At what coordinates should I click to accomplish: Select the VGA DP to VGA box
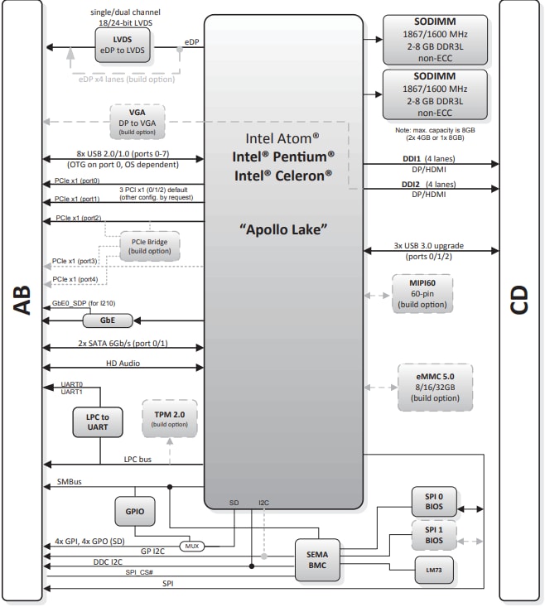tap(137, 121)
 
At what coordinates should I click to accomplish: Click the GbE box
tap(107, 319)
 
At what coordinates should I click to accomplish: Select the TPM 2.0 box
tap(170, 418)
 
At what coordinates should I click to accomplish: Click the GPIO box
tap(135, 512)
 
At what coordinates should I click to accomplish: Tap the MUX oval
tap(191, 546)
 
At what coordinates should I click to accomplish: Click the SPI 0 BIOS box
tap(434, 502)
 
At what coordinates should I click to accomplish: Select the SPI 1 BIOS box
tap(434, 535)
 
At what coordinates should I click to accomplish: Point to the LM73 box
tap(434, 569)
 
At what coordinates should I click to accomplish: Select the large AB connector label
tap(22, 303)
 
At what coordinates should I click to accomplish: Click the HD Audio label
tap(122, 364)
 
